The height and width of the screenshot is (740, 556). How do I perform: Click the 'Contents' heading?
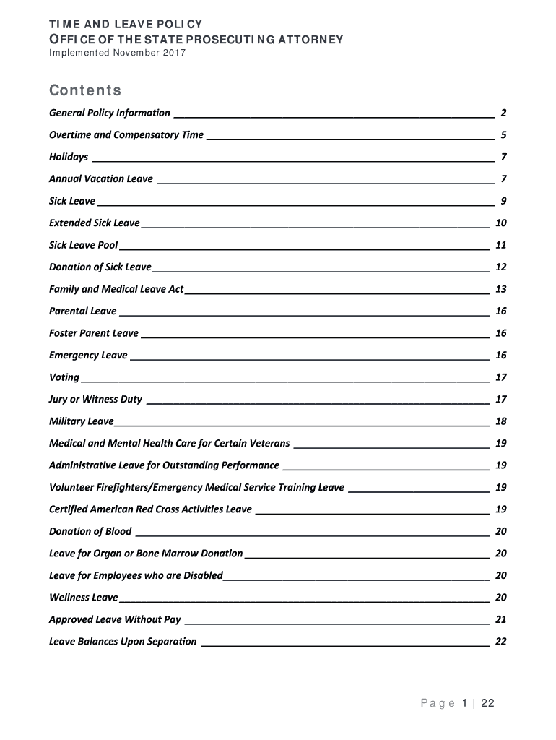point(84,91)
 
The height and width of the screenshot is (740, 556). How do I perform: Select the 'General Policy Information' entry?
point(110,113)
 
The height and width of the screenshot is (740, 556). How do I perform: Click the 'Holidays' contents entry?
point(69,157)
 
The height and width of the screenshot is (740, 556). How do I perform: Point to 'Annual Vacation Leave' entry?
point(101,179)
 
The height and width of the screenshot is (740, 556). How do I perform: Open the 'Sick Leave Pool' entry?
point(83,245)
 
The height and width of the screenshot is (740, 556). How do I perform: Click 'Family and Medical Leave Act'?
point(116,289)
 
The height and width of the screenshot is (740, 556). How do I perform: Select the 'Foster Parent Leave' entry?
point(94,333)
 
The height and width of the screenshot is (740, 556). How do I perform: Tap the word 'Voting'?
point(64,377)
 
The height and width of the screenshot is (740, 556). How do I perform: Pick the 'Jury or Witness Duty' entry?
point(95,400)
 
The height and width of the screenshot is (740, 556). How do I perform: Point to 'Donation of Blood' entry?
point(90,532)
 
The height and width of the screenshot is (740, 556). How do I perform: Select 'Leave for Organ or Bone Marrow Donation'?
point(146,554)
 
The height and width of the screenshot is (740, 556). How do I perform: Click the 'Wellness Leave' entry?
point(83,598)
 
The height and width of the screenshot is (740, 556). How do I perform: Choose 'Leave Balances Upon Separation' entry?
point(123,642)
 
